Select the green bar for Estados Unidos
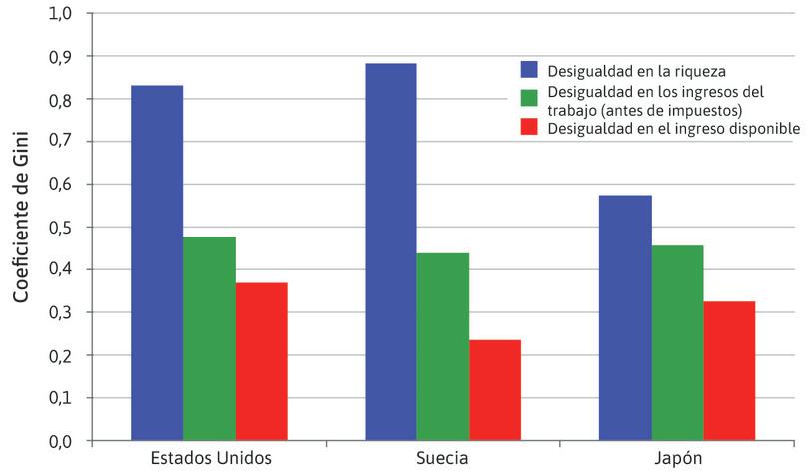point(210,338)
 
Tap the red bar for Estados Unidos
point(262,361)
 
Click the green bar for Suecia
point(443,346)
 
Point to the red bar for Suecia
point(495,390)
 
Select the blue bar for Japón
point(625,317)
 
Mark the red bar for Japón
point(730,370)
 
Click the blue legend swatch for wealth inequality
point(529,70)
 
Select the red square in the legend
point(529,128)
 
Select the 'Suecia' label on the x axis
point(443,458)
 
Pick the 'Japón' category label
point(677,458)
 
